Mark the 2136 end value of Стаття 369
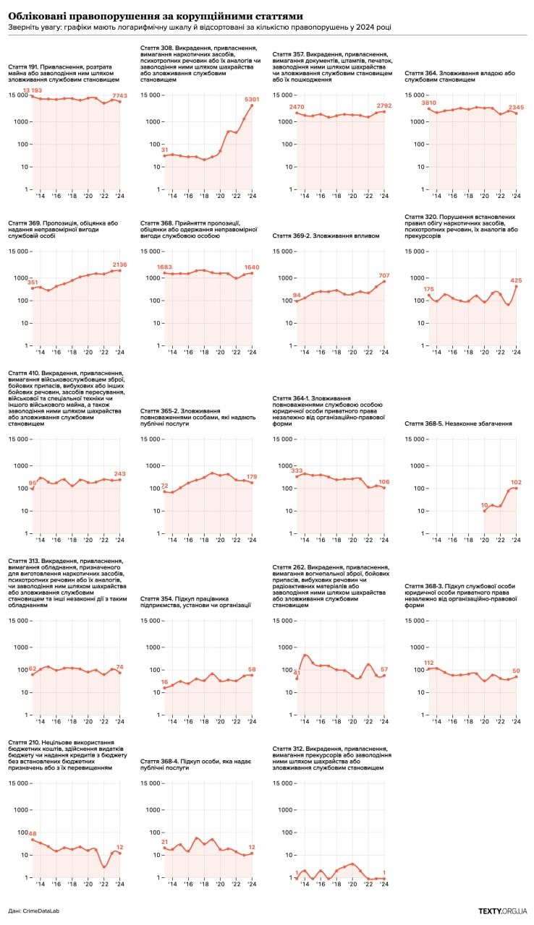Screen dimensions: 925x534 [x=119, y=264]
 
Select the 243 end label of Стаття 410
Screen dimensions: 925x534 [x=119, y=474]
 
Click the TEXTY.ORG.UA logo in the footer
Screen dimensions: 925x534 [x=502, y=912]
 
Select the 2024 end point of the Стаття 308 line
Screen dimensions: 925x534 [x=252, y=105]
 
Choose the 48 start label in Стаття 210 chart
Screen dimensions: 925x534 [x=32, y=834]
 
